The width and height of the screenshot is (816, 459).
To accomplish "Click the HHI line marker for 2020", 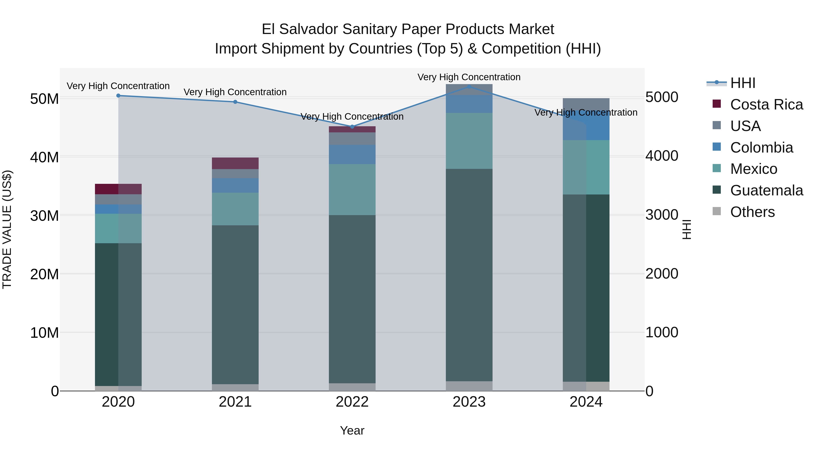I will (118, 95).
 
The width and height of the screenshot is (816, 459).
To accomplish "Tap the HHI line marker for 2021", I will (235, 102).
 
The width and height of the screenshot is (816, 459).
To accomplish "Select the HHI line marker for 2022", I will (352, 127).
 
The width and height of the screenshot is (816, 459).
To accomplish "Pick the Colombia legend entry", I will (761, 148).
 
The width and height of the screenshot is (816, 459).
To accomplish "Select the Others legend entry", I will (752, 212).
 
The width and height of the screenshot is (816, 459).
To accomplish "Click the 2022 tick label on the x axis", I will (352, 402).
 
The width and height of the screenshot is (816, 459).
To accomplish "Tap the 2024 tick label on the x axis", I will (586, 402).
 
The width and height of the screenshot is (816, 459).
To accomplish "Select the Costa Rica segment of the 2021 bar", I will (235, 163).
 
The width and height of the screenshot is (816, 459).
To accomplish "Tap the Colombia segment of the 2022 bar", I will (352, 154).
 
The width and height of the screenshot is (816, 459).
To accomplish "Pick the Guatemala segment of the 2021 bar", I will (235, 304).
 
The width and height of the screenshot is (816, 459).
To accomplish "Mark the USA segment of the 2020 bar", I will (118, 199).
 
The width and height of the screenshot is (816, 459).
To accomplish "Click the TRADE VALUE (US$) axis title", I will (7, 229).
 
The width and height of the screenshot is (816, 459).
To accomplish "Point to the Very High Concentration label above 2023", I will (469, 77).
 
